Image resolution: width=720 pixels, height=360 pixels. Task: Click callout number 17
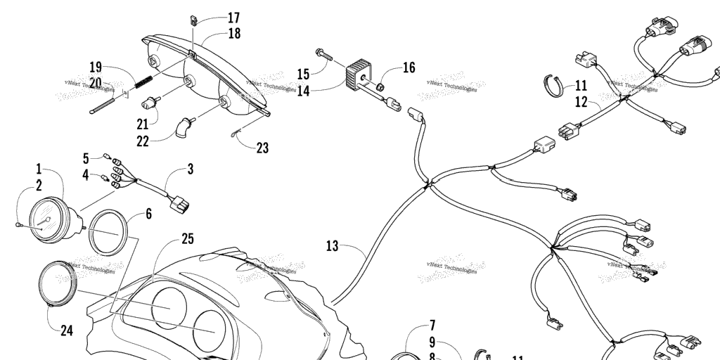tap(233, 18)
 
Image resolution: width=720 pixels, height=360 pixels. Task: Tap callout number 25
tap(187, 239)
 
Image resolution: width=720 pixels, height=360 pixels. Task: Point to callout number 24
tap(66, 330)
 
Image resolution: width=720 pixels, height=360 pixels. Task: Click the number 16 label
tap(409, 68)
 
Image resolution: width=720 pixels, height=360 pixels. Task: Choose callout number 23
tap(262, 148)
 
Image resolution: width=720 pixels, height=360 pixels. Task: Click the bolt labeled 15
tap(323, 53)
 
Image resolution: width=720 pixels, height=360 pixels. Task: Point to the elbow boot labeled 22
tap(185, 128)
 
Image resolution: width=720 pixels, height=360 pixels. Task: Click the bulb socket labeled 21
tap(149, 104)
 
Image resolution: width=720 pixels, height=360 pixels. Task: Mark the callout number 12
tap(581, 103)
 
